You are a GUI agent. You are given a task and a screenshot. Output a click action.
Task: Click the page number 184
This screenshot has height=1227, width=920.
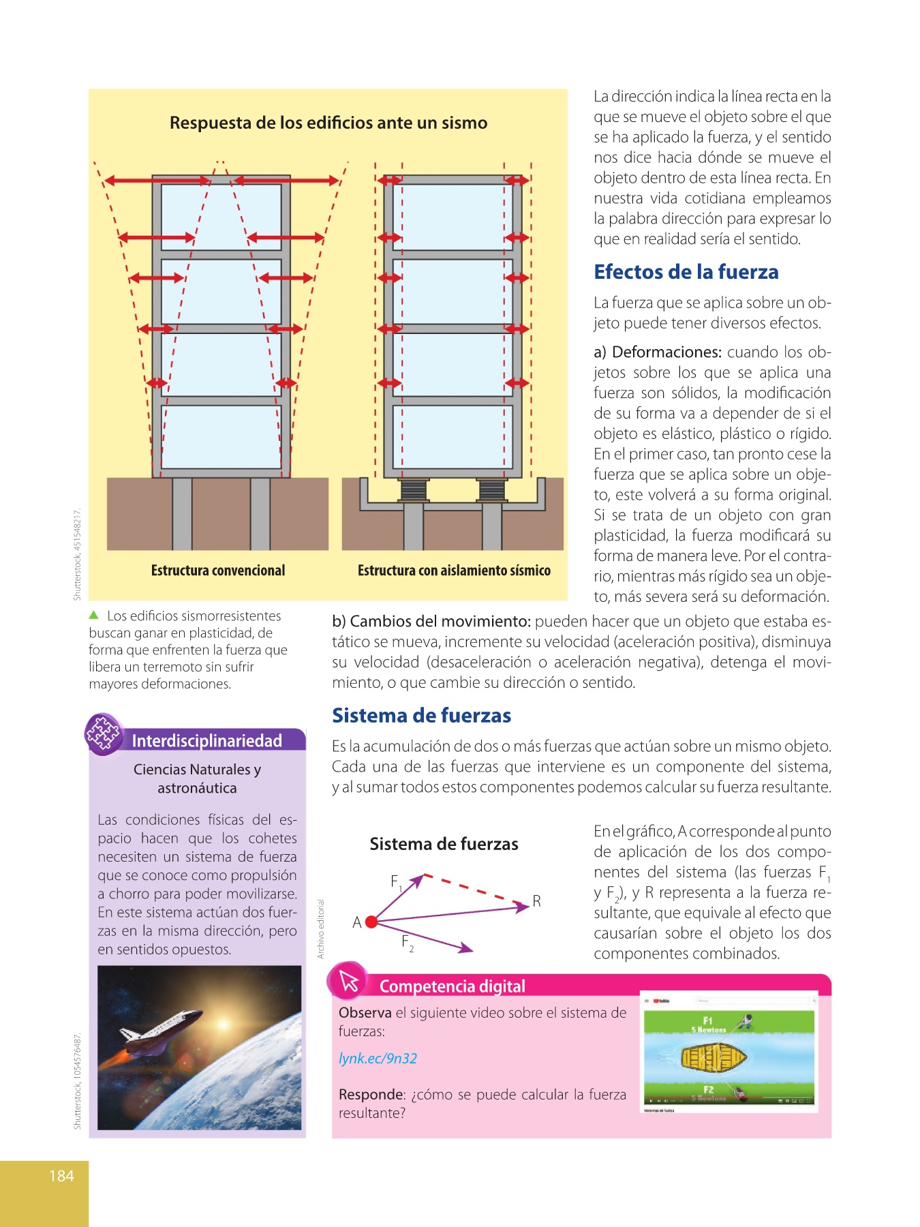point(61,1176)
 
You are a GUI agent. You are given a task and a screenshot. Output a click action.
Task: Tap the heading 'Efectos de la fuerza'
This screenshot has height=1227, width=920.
point(686,272)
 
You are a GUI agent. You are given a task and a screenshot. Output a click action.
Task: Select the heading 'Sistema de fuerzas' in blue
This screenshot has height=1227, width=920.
point(421,715)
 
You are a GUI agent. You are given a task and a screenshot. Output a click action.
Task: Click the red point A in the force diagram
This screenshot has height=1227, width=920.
point(371,922)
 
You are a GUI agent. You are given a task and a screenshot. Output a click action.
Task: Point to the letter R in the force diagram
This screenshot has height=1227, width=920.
point(537,901)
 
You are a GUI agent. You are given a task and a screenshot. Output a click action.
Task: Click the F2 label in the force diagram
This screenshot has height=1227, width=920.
point(408,943)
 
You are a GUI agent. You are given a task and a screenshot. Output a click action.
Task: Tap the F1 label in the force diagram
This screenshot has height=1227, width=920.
point(396,882)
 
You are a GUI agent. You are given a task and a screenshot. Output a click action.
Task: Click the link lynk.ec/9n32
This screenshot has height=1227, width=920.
point(378,1059)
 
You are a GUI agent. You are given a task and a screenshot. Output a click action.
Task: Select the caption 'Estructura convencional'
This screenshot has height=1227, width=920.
point(218,571)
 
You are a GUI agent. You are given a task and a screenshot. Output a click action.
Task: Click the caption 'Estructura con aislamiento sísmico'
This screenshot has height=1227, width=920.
point(454,571)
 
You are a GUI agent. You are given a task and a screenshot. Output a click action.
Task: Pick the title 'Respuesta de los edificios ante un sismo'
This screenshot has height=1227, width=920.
point(328,123)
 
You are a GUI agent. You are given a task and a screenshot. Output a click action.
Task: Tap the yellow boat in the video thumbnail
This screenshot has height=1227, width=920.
point(714,1057)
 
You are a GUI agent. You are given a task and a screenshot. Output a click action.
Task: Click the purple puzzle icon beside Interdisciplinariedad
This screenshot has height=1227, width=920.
point(104,733)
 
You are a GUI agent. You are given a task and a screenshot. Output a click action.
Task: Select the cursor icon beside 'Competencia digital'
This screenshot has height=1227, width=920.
point(350,981)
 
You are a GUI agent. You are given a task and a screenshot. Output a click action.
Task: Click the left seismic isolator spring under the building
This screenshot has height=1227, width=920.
point(414,490)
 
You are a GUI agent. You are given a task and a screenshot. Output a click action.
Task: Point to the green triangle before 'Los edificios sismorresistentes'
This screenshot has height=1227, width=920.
point(94,615)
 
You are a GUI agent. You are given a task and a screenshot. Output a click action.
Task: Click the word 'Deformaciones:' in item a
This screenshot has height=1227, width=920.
point(666,352)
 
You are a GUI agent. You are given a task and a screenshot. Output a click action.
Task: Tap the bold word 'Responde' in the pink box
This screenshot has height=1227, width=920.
point(371,1095)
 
